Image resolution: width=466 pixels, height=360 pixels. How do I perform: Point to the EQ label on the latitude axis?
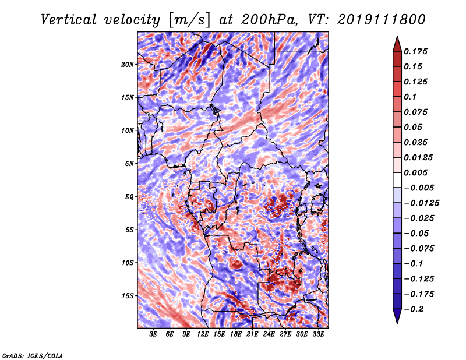(x=129, y=197)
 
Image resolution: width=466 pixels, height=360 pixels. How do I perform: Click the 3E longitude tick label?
(x=154, y=335)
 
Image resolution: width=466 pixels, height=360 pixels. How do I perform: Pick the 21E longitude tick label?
(x=252, y=335)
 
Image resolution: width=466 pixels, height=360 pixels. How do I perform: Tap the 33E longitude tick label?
(x=318, y=335)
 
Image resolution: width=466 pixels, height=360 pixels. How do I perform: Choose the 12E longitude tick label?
(x=203, y=335)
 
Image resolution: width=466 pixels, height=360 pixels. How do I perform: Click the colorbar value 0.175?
(x=417, y=51)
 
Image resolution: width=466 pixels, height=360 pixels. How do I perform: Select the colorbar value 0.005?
(x=417, y=172)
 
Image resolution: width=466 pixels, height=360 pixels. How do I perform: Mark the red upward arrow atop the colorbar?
(x=396, y=42)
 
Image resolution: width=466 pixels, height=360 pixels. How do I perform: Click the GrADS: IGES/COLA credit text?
(x=33, y=355)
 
